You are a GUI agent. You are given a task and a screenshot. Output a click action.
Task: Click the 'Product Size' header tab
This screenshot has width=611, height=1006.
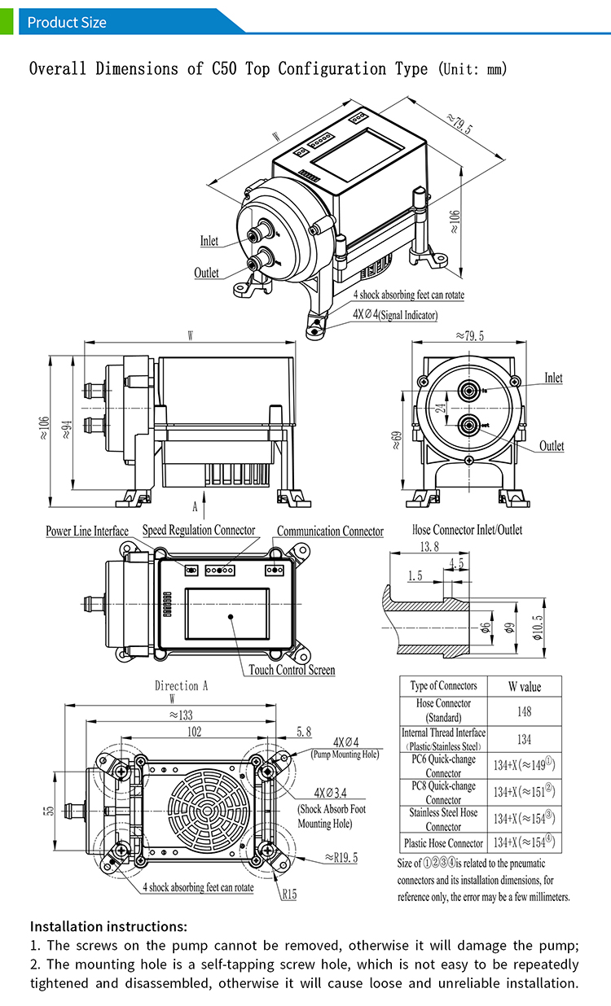(67, 22)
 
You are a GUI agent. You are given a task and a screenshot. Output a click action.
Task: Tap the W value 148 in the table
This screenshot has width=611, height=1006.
(524, 711)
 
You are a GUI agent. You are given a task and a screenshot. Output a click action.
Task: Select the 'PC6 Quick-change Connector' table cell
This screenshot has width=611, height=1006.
(443, 766)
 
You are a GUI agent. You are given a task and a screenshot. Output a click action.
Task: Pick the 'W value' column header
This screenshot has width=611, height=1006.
(524, 686)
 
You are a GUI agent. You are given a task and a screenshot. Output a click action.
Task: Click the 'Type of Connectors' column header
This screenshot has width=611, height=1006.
(443, 685)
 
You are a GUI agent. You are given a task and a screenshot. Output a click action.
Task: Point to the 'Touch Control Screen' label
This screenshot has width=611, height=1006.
(292, 670)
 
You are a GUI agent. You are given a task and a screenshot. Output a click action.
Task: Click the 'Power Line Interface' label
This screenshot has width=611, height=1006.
(87, 531)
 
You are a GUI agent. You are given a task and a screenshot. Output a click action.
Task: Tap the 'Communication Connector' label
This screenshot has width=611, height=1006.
(330, 531)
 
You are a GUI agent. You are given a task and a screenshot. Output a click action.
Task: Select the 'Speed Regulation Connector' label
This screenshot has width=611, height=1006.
(199, 530)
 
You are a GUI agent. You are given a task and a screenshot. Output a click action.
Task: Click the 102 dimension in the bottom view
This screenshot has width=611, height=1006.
(194, 731)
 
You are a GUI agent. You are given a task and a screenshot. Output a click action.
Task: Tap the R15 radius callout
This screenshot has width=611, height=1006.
(289, 894)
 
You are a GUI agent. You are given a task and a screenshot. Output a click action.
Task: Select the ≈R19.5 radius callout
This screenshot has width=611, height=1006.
(342, 857)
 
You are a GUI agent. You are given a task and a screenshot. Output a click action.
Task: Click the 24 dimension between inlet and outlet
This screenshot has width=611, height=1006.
(441, 409)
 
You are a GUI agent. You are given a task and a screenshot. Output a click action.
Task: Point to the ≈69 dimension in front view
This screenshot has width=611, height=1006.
(397, 440)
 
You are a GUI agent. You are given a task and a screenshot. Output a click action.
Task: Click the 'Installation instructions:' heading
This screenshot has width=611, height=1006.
(108, 926)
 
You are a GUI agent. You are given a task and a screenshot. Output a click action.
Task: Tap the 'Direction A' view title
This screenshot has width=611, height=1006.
(182, 685)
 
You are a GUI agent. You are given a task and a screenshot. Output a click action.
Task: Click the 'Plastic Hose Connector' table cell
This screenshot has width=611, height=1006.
(443, 843)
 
